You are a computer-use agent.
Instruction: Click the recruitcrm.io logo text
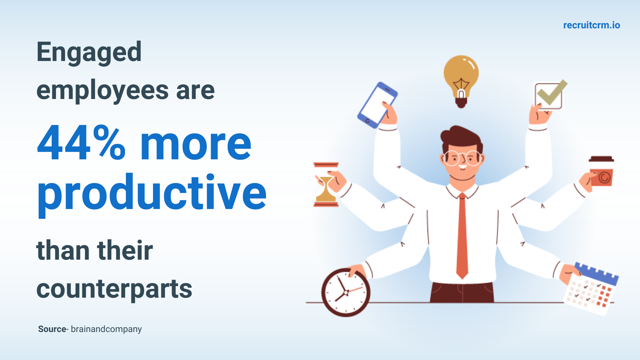pyautogui.click(x=592, y=25)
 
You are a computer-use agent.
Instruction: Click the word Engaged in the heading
pyautogui.click(x=89, y=53)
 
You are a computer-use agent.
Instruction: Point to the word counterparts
pyautogui.click(x=114, y=289)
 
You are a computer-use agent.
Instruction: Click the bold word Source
pyautogui.click(x=52, y=329)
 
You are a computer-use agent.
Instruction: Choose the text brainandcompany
pyautogui.click(x=106, y=329)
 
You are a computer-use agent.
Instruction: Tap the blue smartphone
pyautogui.click(x=377, y=105)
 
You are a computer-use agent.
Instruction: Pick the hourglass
pyautogui.click(x=326, y=184)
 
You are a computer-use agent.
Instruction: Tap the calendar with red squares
pyautogui.click(x=590, y=289)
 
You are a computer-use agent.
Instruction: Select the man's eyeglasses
pyautogui.click(x=462, y=158)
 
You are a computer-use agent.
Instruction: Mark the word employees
pyautogui.click(x=103, y=91)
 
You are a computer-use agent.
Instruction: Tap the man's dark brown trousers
pyautogui.click(x=462, y=292)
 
